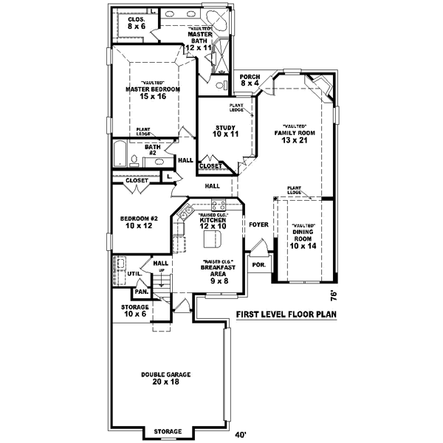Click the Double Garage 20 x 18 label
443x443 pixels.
pyautogui.click(x=166, y=379)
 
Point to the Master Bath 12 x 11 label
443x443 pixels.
pyautogui.click(x=199, y=38)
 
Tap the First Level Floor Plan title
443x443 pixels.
pyautogui.click(x=286, y=315)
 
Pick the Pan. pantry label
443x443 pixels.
pyautogui.click(x=142, y=292)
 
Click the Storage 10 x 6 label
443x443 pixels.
pyautogui.click(x=134, y=311)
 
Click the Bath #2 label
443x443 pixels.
pyautogui.click(x=152, y=150)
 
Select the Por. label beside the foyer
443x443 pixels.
pyautogui.click(x=259, y=264)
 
